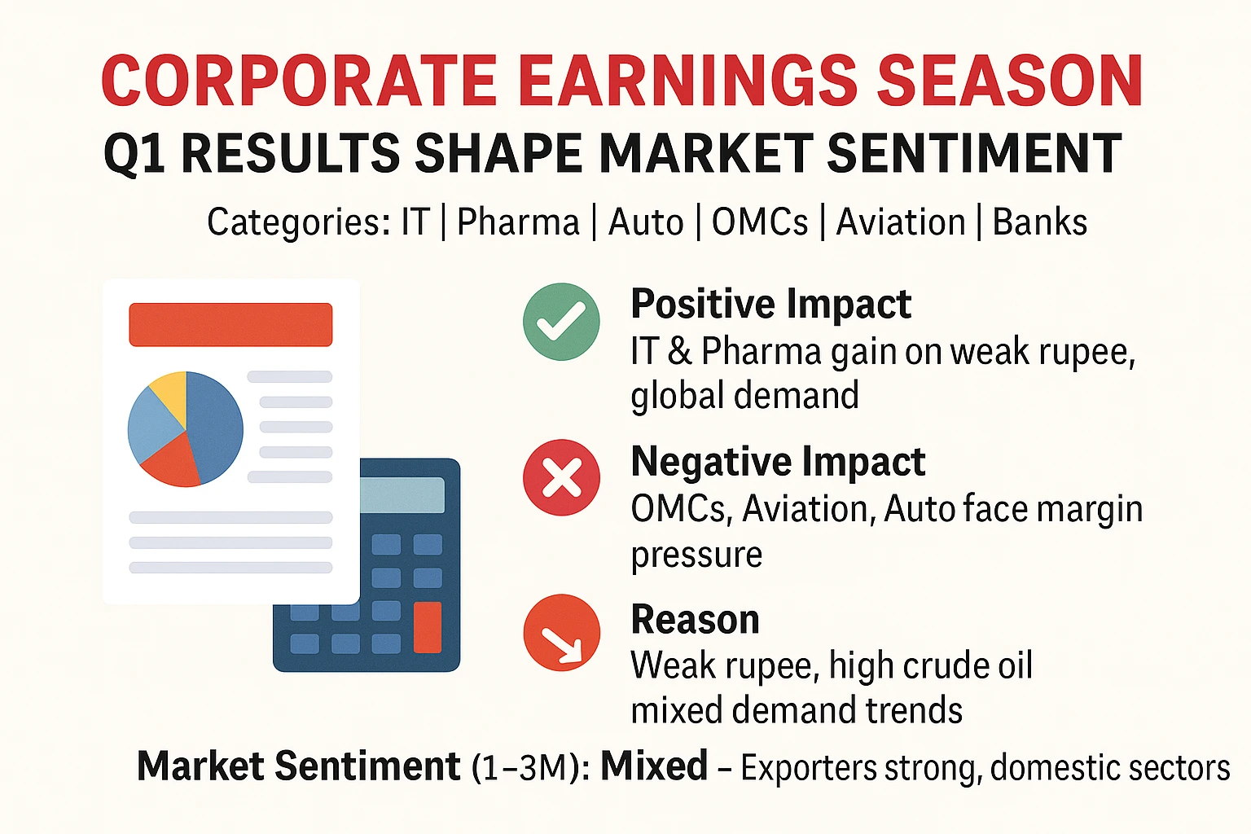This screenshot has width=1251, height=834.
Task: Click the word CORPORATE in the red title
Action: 300,81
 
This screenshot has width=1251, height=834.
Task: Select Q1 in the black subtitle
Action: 134,153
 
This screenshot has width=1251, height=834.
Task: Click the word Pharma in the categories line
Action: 518,222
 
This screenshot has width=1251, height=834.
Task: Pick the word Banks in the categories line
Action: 1039,222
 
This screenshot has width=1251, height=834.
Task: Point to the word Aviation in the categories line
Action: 900,222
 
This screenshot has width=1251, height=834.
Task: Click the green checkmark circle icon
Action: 561,322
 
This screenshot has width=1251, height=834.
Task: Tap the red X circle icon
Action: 561,477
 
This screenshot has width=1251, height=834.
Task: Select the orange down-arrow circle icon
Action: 561,632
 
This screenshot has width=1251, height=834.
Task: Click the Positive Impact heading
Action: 770,304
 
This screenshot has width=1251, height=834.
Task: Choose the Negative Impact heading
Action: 778,462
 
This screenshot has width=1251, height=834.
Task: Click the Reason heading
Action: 696,619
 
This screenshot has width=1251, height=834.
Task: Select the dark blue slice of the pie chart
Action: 215,428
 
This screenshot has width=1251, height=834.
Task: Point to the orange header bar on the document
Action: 230,324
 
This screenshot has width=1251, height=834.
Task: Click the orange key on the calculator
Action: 428,627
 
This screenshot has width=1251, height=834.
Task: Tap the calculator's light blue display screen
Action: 402,495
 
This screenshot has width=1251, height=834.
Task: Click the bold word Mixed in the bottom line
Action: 654,766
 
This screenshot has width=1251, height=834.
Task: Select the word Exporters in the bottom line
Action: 808,767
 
